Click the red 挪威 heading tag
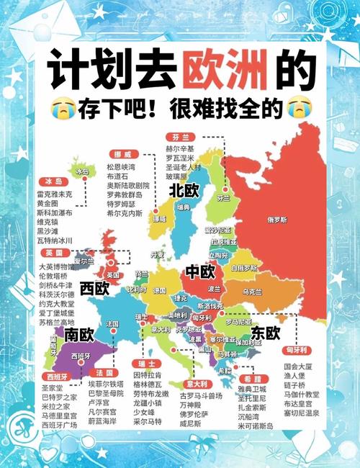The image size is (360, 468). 122,154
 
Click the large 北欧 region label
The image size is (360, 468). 184,191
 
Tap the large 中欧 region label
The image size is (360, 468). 200,271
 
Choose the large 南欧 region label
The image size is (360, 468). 79,335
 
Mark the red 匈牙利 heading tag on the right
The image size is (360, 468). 297,350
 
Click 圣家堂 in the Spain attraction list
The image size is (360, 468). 53,387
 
